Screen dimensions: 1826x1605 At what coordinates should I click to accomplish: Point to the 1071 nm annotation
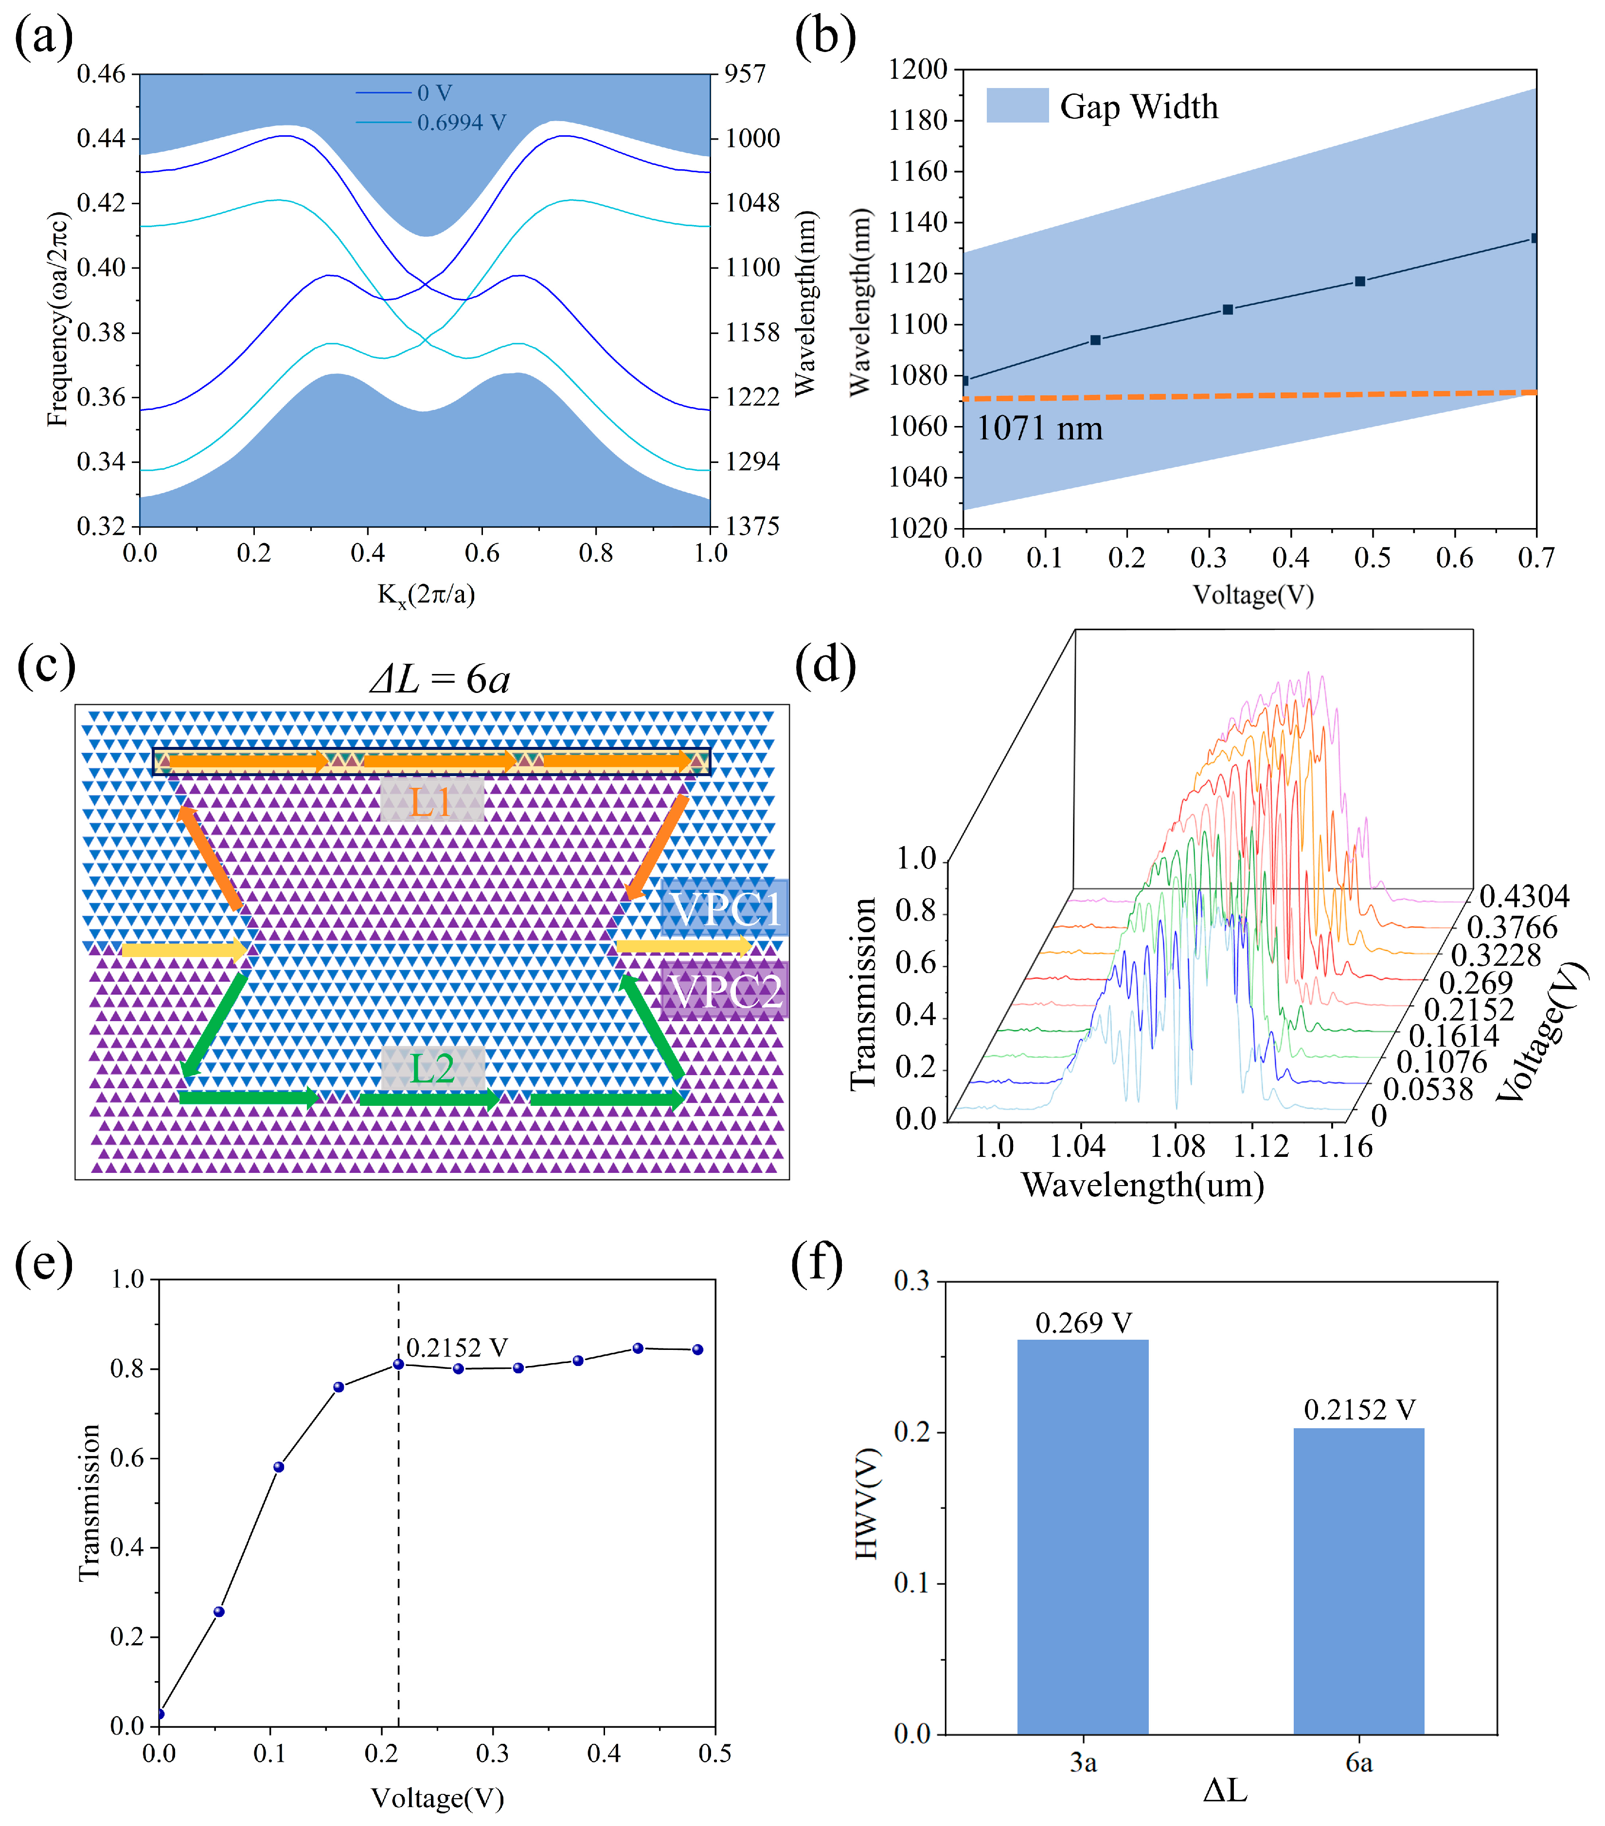[1038, 429]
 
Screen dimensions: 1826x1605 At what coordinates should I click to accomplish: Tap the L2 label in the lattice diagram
[432, 1068]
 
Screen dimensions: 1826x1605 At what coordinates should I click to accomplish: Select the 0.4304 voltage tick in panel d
[1524, 896]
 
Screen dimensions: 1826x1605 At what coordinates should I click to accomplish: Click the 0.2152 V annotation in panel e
[457, 1347]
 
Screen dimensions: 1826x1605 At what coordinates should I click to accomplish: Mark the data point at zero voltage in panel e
[160, 1714]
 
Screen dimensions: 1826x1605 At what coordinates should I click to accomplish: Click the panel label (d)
[825, 666]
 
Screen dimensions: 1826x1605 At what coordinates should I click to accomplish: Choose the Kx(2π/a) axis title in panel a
[426, 594]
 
